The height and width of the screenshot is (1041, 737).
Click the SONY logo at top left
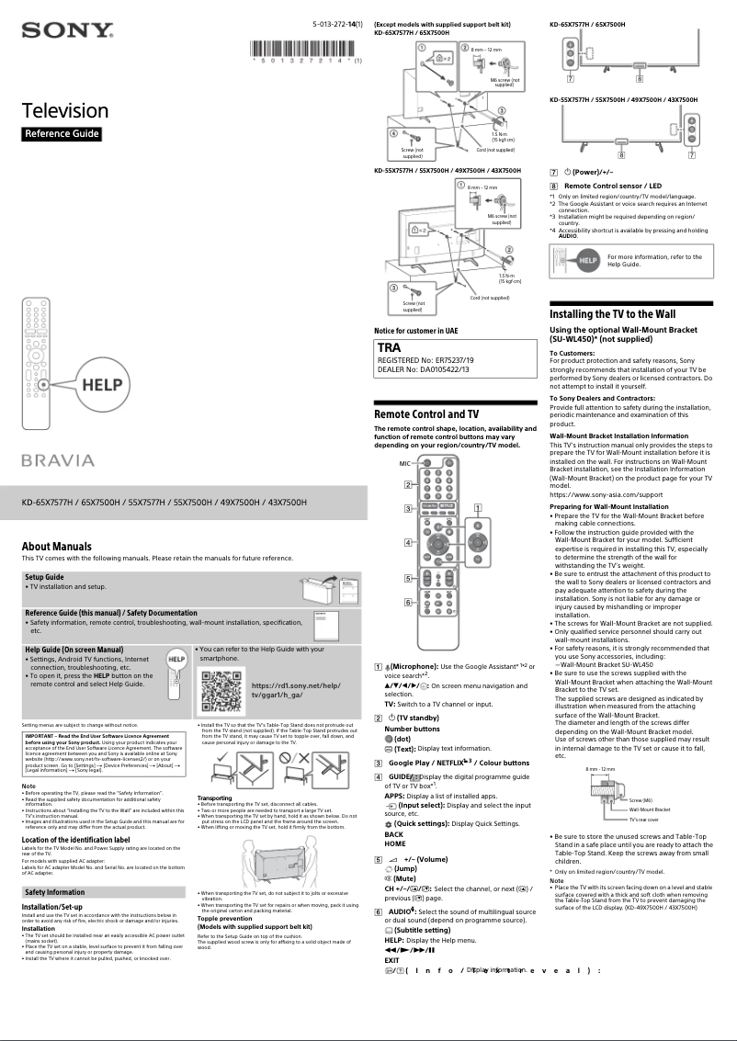click(67, 33)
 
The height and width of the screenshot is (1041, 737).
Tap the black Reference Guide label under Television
click(61, 134)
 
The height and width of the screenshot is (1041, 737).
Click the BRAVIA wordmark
click(59, 459)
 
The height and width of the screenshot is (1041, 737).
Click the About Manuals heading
click(57, 547)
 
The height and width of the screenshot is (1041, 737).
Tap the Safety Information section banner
click(54, 891)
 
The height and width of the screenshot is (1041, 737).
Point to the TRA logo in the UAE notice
click(390, 349)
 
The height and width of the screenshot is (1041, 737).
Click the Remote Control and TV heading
click(425, 415)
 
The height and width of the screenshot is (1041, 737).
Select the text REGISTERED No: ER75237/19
click(425, 360)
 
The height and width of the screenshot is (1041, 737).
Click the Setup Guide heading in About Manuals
click(44, 577)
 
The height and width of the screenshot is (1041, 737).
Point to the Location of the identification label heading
click(75, 840)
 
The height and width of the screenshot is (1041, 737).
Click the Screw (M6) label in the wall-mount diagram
click(640, 800)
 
